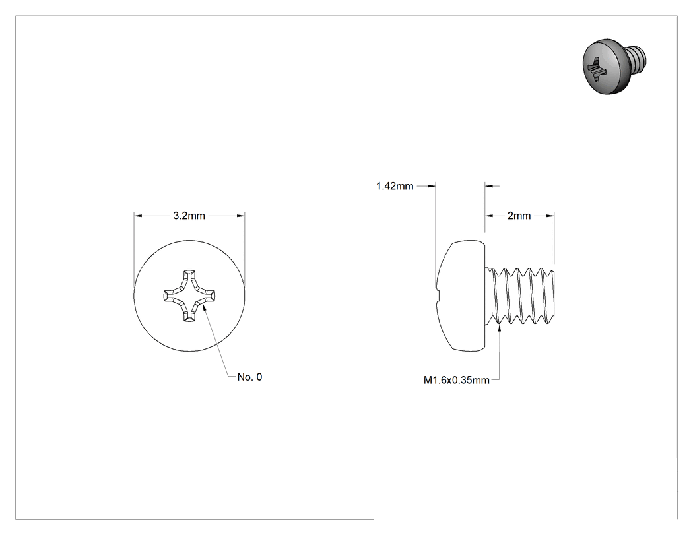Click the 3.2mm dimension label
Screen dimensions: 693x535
tap(189, 216)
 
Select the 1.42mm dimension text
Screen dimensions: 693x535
tap(395, 186)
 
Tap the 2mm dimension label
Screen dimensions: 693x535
tap(519, 216)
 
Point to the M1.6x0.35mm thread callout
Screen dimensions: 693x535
tap(457, 380)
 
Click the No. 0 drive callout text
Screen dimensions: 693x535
tap(249, 377)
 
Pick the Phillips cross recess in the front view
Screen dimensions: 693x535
tap(189, 295)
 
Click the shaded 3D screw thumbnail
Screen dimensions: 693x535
tap(614, 66)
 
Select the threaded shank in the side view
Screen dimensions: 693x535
tap(520, 296)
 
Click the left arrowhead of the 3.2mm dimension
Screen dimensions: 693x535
tap(138, 216)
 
